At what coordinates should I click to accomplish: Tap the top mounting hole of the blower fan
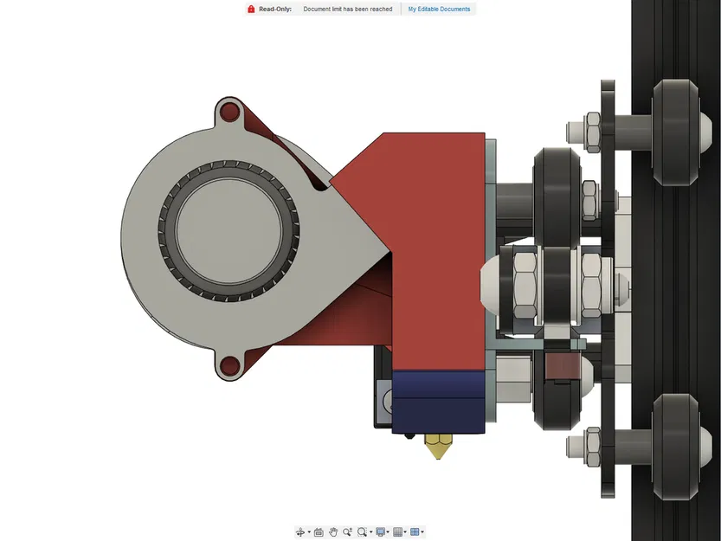pos(229,112)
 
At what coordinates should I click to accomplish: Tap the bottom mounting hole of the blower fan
pos(229,367)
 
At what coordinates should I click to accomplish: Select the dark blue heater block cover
pos(440,401)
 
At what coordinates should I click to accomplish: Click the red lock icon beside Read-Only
pos(251,10)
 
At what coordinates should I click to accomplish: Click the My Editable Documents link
pos(439,10)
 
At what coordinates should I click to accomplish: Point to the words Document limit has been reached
pos(347,10)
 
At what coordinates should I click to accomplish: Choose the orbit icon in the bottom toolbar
pos(301,531)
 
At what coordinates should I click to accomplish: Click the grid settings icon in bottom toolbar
pos(397,531)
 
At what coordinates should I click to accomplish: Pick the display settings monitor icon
pos(380,531)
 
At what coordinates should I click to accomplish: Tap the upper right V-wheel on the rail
pos(676,132)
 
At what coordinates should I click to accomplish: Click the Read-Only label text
pos(274,10)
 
